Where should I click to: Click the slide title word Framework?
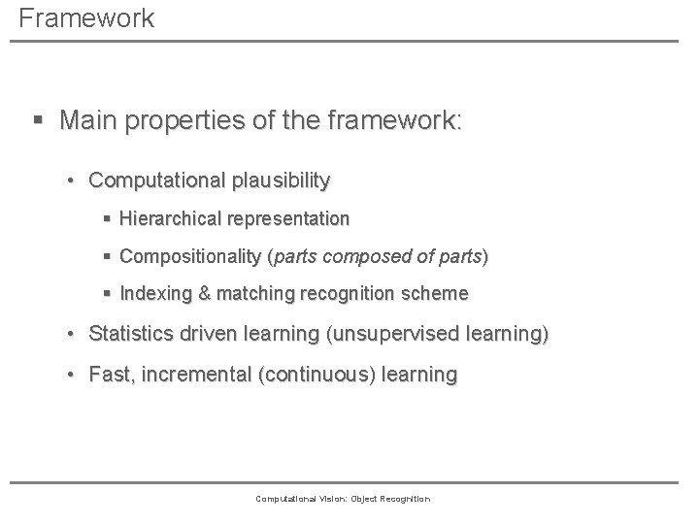85,18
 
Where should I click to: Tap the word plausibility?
282,180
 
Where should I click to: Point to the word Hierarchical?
169,219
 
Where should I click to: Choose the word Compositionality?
189,257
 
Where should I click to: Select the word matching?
247,293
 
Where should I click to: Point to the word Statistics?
128,335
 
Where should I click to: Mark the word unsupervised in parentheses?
401,335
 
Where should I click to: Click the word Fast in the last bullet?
108,375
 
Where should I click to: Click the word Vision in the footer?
320,499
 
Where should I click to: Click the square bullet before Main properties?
38,121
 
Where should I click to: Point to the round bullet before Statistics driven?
72,336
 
